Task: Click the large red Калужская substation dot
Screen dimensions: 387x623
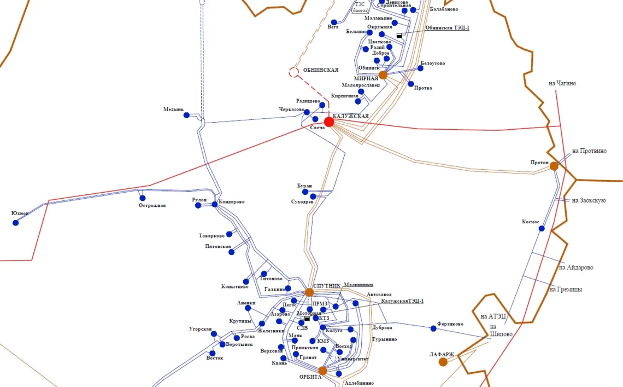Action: pos(328,122)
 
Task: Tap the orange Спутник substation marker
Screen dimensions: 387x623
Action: pos(309,292)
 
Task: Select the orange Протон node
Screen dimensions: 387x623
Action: pos(554,166)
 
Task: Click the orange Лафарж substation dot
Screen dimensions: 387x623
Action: pos(443,362)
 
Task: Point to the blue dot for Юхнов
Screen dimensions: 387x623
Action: pos(15,223)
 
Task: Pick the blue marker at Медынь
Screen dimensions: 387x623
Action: pos(186,115)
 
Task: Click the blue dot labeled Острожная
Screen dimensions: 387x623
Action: pos(143,198)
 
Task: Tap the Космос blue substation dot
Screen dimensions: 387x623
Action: pos(542,228)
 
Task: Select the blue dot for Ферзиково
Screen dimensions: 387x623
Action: pos(433,328)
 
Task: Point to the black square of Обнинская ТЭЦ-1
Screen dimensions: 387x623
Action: pos(399,36)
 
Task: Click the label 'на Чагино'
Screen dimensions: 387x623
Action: pos(562,83)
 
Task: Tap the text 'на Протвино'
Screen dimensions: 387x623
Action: pos(589,151)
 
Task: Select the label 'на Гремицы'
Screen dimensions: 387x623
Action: pos(566,289)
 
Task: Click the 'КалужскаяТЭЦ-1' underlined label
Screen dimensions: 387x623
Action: pos(402,301)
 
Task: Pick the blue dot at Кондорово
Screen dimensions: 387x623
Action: pos(214,205)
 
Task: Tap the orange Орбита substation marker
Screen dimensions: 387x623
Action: pos(322,371)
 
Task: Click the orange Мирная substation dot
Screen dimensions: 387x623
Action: pos(383,75)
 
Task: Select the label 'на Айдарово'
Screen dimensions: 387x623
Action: pos(575,268)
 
